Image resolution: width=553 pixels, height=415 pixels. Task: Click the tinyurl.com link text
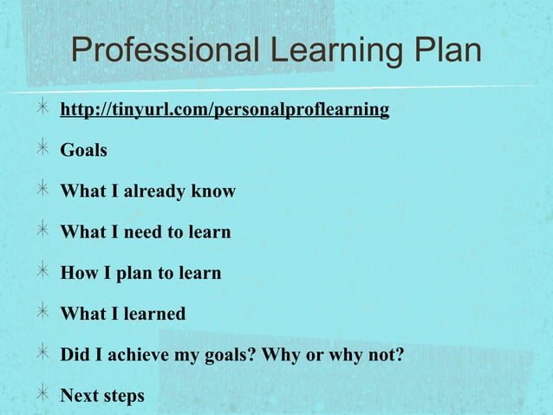coord(224,110)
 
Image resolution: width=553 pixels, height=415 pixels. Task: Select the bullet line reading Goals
coord(83,151)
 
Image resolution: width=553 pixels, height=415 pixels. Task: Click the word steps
coord(123,396)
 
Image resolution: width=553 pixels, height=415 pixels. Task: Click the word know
coord(214,191)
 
